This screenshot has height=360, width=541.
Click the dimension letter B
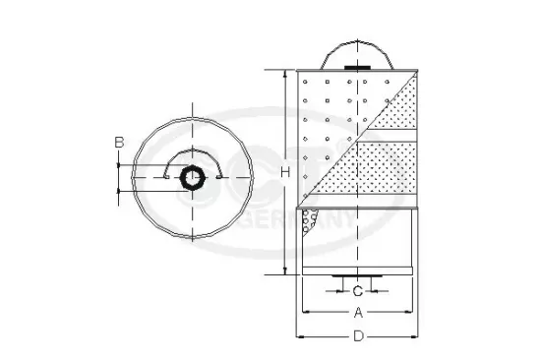119,143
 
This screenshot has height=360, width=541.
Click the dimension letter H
285,173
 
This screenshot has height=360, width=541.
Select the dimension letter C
357,290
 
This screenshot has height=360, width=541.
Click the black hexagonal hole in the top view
192,177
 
